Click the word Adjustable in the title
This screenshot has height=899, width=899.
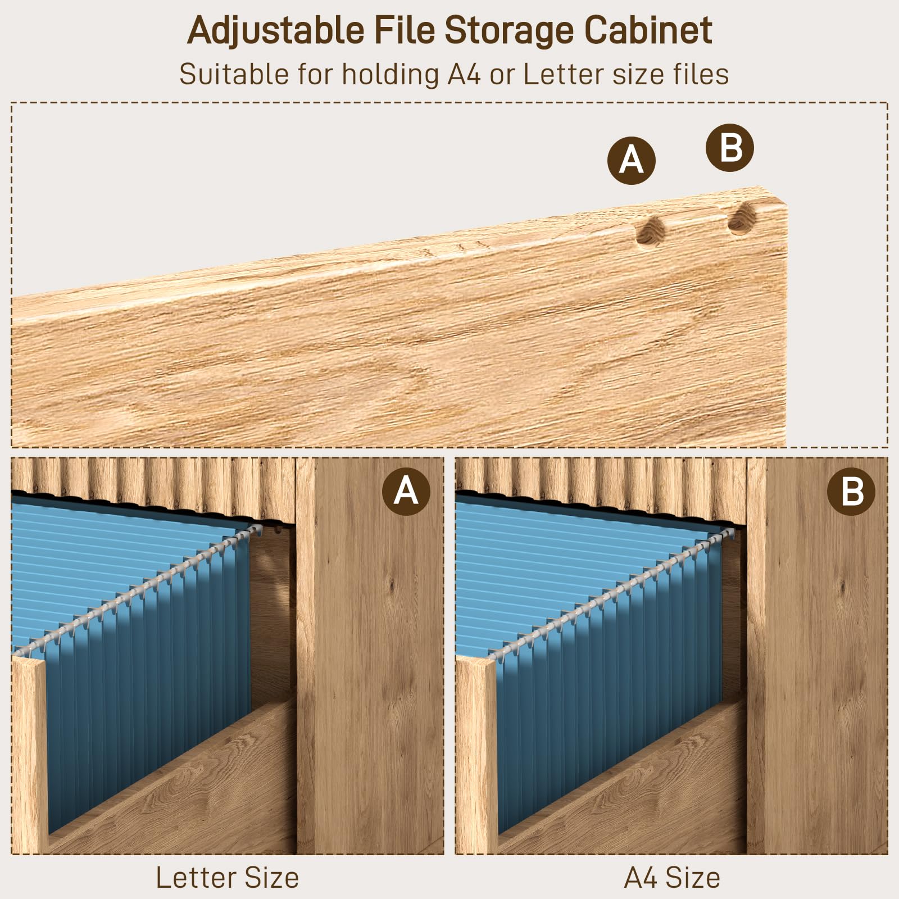(x=276, y=31)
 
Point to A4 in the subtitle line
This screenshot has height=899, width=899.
(x=464, y=74)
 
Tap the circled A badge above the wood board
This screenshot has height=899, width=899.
(x=632, y=161)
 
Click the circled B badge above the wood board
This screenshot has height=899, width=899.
(x=730, y=148)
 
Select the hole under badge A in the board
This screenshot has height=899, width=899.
(x=650, y=231)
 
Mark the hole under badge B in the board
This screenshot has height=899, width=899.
(x=741, y=219)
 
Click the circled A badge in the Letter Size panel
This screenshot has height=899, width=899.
(x=406, y=492)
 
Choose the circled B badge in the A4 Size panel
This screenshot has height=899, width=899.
(x=851, y=492)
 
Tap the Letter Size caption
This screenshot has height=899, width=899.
(x=228, y=878)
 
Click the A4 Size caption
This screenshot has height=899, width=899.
(x=672, y=878)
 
